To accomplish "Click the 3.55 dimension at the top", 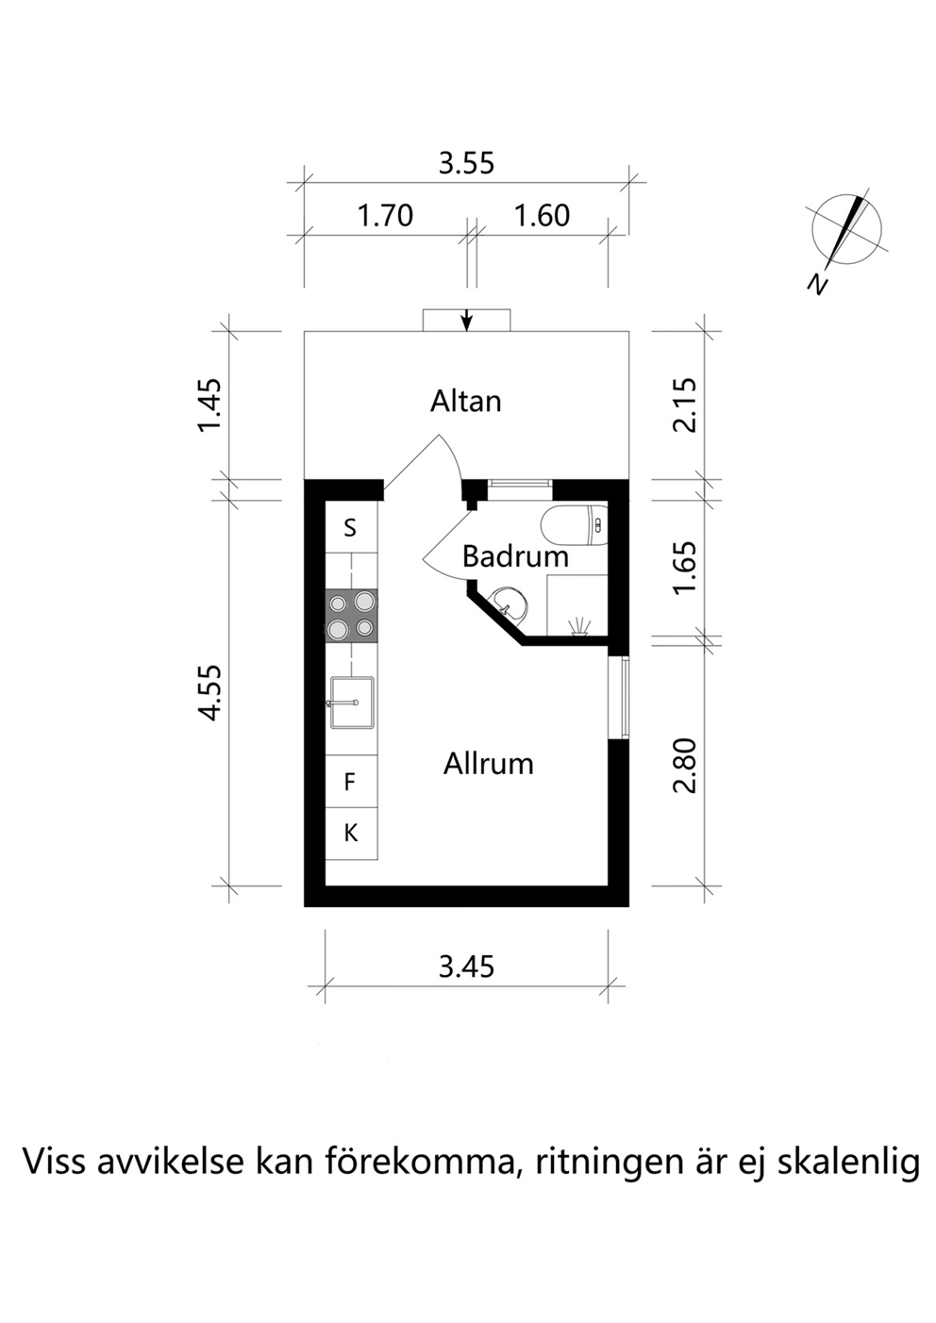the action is (x=465, y=163).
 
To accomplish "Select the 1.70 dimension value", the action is (x=386, y=216).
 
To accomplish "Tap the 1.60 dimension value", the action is (x=542, y=216).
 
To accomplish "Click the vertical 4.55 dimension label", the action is (x=209, y=693).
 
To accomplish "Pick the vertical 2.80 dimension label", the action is (x=685, y=766).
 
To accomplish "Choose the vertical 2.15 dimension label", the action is (x=685, y=405).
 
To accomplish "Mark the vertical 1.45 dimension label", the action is (x=209, y=405).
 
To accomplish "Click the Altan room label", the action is (x=465, y=401).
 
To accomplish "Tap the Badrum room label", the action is (x=515, y=556).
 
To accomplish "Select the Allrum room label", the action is (x=488, y=764).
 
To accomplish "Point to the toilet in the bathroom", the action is (x=574, y=525).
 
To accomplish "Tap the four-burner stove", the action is (x=352, y=616).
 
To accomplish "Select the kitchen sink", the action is (x=352, y=703).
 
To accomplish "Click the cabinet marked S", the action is (x=352, y=526).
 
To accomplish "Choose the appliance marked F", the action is (x=352, y=782).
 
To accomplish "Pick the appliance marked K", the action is (x=352, y=834).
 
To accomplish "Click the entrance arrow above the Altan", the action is (x=467, y=320).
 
